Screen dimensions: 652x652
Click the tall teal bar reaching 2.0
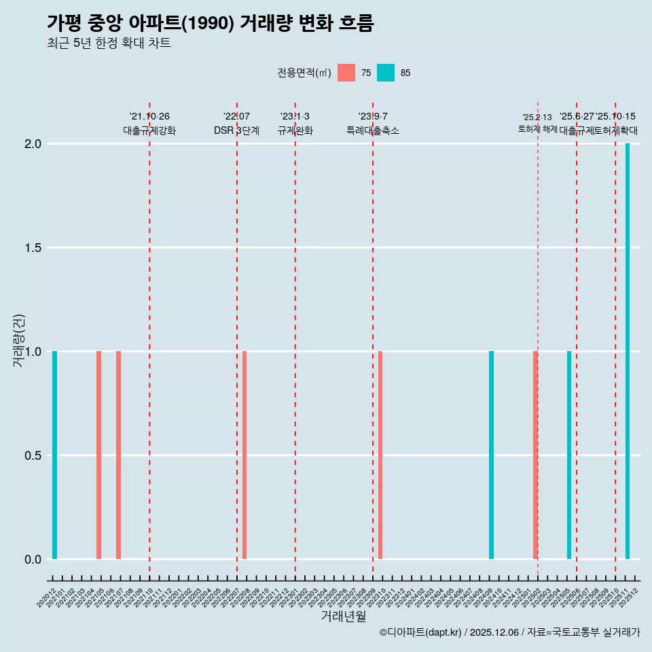[x=628, y=351]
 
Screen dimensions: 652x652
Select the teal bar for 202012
[x=54, y=455]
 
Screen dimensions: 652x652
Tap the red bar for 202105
[x=98, y=455]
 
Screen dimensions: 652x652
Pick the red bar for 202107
[x=118, y=455]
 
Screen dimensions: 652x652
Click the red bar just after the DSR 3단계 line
[x=244, y=455]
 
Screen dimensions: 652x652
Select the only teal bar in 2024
[x=491, y=455]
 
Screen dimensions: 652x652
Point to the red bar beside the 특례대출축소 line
[x=380, y=455]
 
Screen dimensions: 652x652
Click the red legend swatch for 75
[x=346, y=73]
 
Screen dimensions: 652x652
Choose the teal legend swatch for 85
[x=386, y=73]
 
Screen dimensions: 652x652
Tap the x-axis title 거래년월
[x=344, y=616]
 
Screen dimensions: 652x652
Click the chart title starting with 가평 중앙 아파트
[x=211, y=23]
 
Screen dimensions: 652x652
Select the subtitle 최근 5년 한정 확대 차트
[x=109, y=43]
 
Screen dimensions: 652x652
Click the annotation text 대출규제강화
[x=149, y=130]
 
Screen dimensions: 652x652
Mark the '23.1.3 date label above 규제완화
[x=295, y=116]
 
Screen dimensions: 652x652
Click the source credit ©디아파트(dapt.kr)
[x=420, y=632]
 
